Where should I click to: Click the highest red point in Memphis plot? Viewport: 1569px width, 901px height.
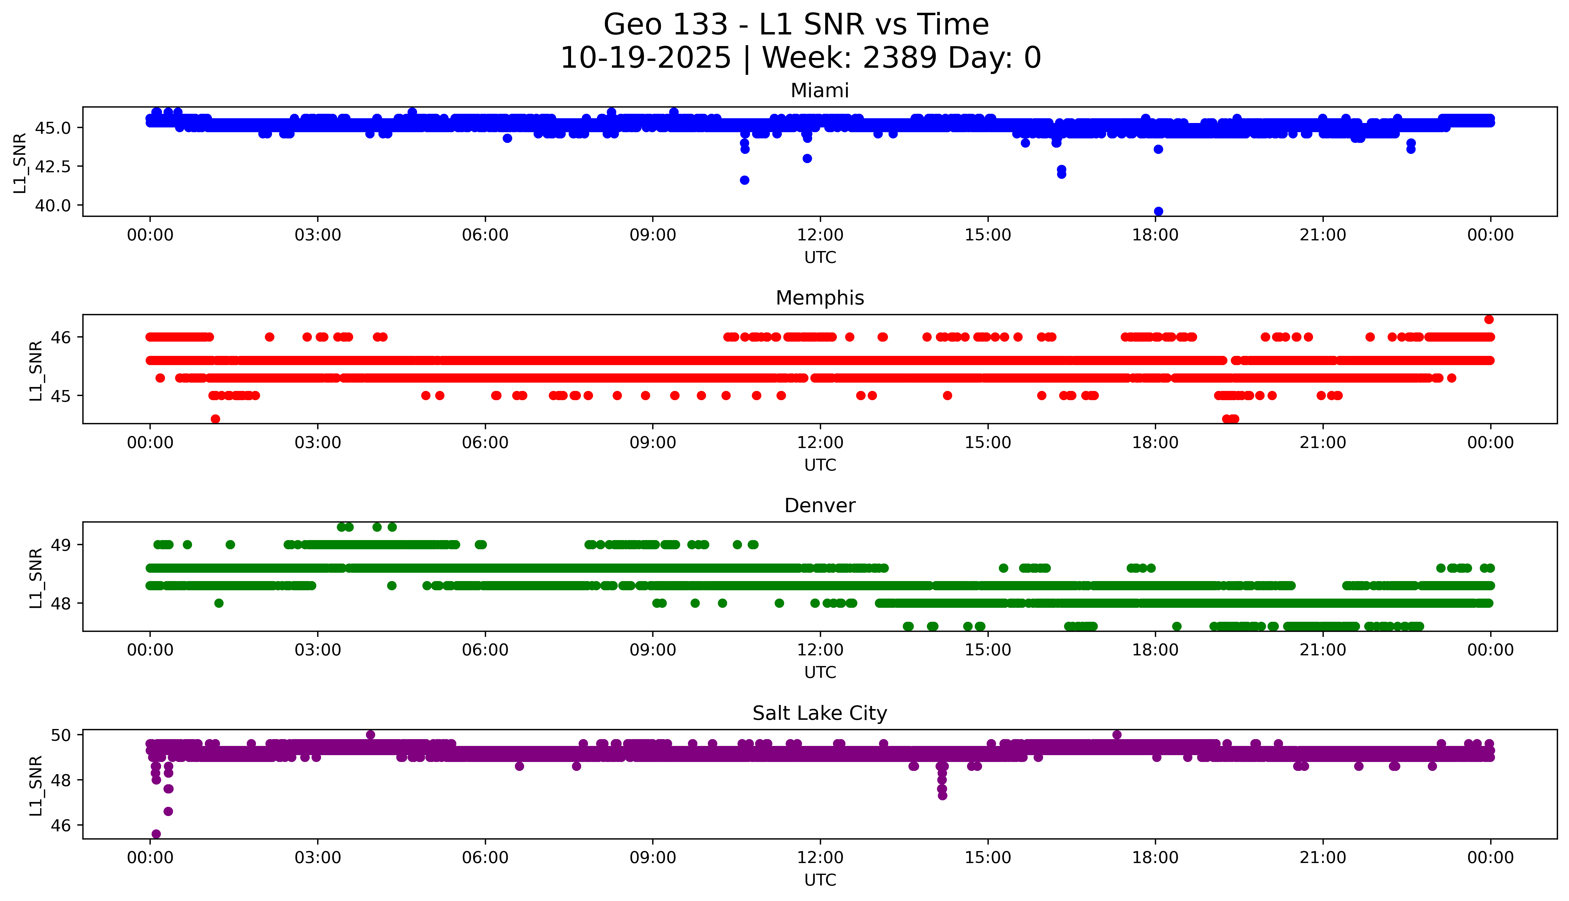[1489, 319]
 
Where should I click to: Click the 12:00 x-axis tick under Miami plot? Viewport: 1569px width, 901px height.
[820, 235]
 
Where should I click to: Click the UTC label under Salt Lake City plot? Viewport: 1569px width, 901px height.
[820, 880]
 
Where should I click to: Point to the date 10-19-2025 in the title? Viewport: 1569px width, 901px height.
[646, 58]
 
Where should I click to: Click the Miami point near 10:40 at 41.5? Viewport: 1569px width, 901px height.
[744, 180]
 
